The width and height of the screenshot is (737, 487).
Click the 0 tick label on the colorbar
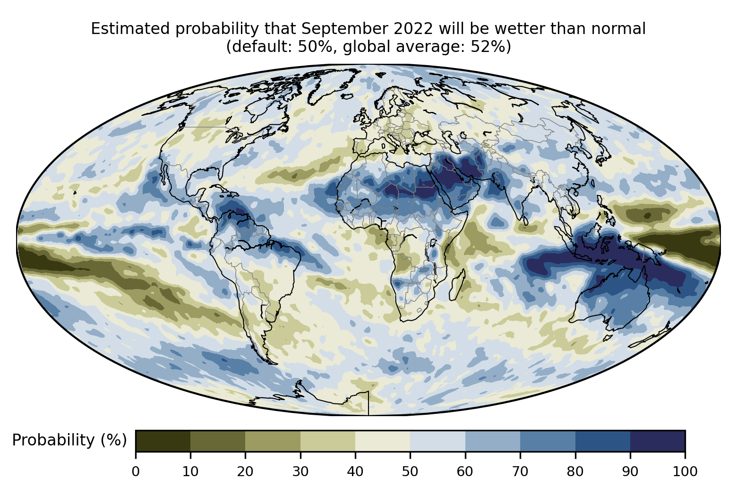[136, 471]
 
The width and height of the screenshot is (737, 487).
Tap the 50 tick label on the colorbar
[410, 471]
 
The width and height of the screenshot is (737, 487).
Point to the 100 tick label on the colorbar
[685, 471]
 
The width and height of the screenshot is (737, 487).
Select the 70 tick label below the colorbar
[520, 471]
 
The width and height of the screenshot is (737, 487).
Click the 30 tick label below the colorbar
[300, 471]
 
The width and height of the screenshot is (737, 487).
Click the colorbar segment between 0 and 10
[163, 441]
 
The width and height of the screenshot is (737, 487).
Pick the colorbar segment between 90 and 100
[657, 441]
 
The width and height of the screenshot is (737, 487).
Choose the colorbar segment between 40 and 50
[383, 441]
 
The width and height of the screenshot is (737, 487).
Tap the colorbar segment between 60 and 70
[493, 441]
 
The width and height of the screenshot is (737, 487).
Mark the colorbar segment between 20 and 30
[273, 441]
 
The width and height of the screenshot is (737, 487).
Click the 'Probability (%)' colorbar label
[69, 440]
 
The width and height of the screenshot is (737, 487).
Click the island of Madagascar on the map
[458, 286]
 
